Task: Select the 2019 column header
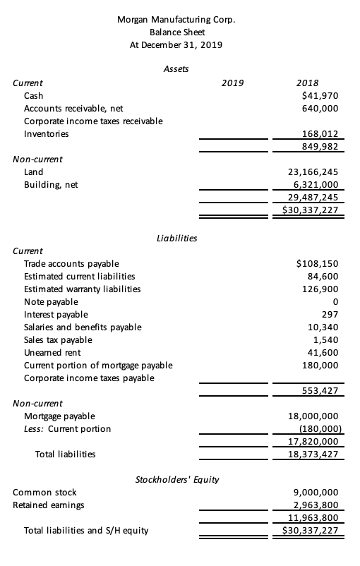(x=233, y=83)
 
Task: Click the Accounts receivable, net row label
(x=73, y=108)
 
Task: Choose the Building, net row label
(x=51, y=184)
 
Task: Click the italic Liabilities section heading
(x=176, y=239)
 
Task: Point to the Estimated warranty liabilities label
(x=82, y=289)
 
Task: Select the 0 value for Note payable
(x=336, y=302)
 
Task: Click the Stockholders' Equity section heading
(x=176, y=479)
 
